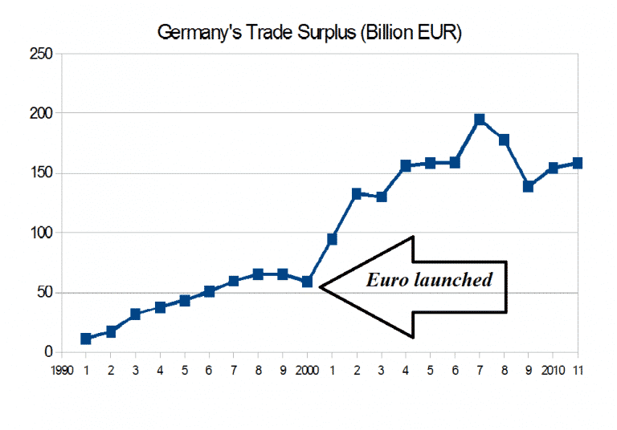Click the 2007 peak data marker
tap(480, 120)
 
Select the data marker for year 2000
tap(307, 282)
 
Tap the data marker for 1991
tap(86, 339)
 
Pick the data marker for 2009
tap(529, 186)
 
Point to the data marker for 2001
tap(332, 239)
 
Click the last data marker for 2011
tap(577, 164)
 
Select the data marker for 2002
tap(357, 193)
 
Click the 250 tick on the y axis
tap(41, 54)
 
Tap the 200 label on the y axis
tap(41, 113)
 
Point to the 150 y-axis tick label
tap(41, 173)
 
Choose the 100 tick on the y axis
tap(41, 233)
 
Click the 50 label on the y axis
tap(44, 293)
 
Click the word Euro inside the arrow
tap(384, 281)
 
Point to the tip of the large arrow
tap(321, 286)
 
